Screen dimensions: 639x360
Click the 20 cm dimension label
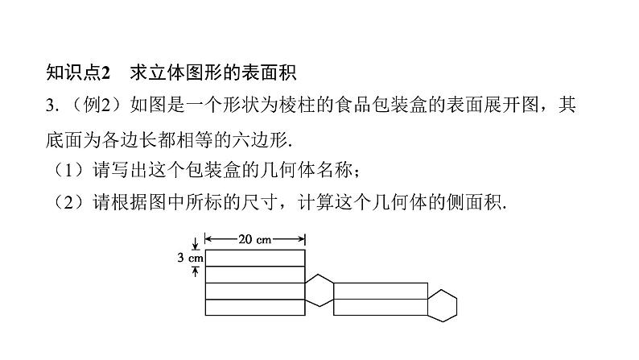pyautogui.click(x=255, y=238)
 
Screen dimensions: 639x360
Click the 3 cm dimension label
pyautogui.click(x=192, y=259)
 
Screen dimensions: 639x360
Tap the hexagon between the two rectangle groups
pyautogui.click(x=319, y=289)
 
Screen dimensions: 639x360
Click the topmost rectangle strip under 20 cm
pyautogui.click(x=255, y=258)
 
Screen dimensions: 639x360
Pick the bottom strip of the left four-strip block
pyautogui.click(x=255, y=307)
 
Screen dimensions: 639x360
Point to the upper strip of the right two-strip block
pyautogui.click(x=380, y=290)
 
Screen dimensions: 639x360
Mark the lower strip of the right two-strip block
pyautogui.click(x=380, y=307)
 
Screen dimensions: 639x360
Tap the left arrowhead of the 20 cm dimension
pyautogui.click(x=208, y=238)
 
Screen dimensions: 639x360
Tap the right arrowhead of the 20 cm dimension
pyautogui.click(x=302, y=238)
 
